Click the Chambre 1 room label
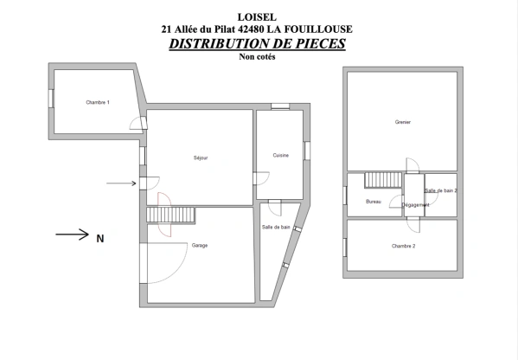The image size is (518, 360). click(98, 103)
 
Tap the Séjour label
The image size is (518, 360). click(201, 157)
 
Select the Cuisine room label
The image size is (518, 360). click(280, 155)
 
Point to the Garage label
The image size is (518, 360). click(200, 245)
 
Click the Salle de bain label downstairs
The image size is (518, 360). click(276, 227)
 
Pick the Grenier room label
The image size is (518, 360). click(402, 122)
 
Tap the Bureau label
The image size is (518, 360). click(374, 202)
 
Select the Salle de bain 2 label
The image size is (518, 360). click(441, 190)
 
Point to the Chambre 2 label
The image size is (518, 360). click(403, 247)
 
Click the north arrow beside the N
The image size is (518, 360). click(73, 234)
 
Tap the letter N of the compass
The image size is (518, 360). click(99, 238)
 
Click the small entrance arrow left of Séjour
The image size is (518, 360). click(120, 183)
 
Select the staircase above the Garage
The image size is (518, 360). click(161, 215)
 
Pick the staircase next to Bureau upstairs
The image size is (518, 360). click(381, 180)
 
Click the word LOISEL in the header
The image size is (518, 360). click(256, 16)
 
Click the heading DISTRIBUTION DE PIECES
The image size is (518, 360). click(257, 43)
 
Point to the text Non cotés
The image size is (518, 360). click(256, 57)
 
